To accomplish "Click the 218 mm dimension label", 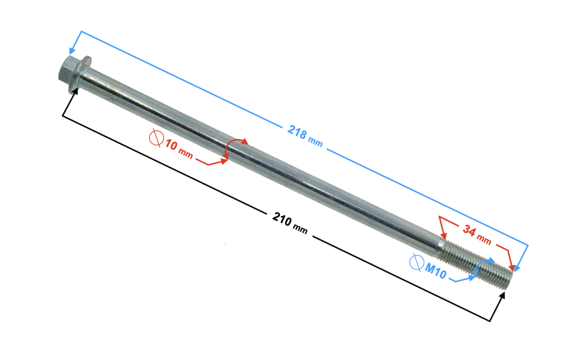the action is pos(305,136).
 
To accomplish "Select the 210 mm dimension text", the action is pos(290,222).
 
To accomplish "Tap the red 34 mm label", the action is pos(477,235).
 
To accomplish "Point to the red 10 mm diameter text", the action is pos(179,149).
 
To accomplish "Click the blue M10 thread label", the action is pos(436,271).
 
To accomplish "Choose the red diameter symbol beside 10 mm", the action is pos(156,138).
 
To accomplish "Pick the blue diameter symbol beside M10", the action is pos(417,263).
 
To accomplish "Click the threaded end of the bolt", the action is pos(476,263).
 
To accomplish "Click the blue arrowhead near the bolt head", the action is pos(72,50).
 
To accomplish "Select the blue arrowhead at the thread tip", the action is pos(517,268).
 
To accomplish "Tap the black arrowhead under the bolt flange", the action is pos(75,92).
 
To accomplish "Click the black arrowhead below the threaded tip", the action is pos(502,296).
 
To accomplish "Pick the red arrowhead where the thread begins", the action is pos(444,235).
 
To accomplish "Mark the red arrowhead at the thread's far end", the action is pos(510,267).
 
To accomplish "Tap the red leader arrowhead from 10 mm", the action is pos(223,161).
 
